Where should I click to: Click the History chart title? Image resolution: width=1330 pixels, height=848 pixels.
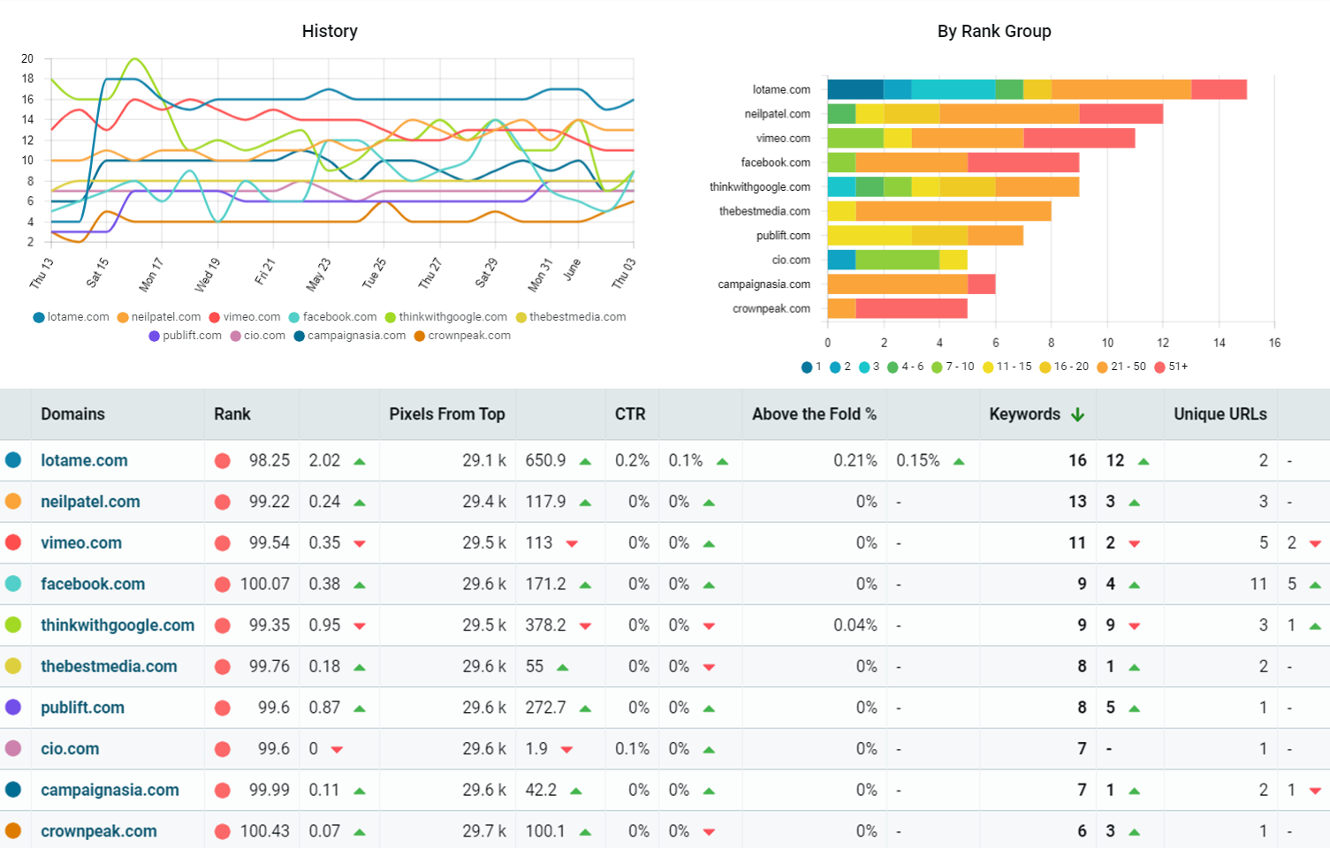pos(330,31)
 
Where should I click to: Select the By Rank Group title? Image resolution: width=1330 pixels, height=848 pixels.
pos(994,31)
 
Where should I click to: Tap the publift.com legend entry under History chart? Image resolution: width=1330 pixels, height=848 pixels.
pos(186,336)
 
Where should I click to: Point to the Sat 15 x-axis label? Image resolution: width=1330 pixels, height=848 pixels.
pos(96,272)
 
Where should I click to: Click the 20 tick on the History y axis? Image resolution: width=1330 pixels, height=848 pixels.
pos(27,58)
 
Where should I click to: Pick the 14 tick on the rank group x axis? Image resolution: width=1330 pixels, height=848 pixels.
pos(1219,343)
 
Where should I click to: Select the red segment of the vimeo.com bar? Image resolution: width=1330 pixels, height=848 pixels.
pos(1079,138)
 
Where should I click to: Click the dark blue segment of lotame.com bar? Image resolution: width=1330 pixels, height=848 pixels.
pos(855,89)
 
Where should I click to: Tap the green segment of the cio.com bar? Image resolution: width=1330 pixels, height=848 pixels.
pos(897,260)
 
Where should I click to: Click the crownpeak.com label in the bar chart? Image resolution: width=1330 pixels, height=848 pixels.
pos(771,308)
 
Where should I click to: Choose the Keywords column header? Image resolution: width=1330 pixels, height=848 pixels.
pos(1024,414)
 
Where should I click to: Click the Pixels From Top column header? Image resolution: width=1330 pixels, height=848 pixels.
pos(447,414)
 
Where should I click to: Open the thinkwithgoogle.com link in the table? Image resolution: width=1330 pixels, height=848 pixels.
pos(118,625)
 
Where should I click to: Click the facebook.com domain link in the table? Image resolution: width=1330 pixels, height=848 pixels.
pos(93,584)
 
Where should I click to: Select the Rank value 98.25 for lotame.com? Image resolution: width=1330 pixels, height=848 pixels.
pos(269,460)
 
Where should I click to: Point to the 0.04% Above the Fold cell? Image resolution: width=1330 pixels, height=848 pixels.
pos(855,625)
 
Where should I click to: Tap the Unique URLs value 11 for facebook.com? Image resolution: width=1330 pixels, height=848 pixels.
pos(1258,584)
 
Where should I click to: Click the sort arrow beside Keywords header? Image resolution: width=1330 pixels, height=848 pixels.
pos(1077,414)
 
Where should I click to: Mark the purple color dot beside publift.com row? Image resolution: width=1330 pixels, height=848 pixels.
pos(13,708)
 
